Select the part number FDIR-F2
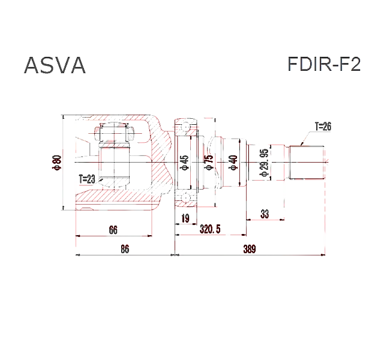pyautogui.click(x=324, y=64)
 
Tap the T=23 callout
pyautogui.click(x=88, y=178)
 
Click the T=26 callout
pyautogui.click(x=323, y=127)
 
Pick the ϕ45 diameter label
pyautogui.click(x=185, y=163)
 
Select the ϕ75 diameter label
pyautogui.click(x=209, y=163)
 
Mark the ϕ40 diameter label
pyautogui.click(x=234, y=163)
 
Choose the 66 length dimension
pyautogui.click(x=113, y=229)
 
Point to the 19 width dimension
pyautogui.click(x=185, y=218)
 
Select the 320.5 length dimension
pyautogui.click(x=210, y=229)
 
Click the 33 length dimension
pyautogui.click(x=265, y=214)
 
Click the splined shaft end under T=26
pyautogui.click(x=307, y=162)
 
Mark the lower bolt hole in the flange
pyautogui.click(x=185, y=199)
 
